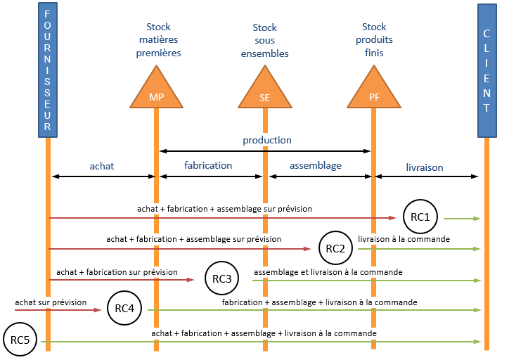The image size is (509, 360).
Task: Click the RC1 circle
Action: coord(420,217)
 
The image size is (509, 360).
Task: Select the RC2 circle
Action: coord(335,248)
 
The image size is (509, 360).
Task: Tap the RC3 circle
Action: coord(221,279)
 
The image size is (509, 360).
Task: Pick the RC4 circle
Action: coord(124,309)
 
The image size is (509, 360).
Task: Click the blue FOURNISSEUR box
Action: coord(47,70)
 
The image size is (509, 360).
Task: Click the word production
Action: coord(267,140)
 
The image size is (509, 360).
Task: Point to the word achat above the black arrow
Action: coord(102,166)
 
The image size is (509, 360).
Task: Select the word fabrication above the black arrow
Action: coord(208,165)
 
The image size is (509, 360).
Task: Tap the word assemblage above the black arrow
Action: coord(316,165)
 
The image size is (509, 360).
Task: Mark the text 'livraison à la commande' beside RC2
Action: coord(404,239)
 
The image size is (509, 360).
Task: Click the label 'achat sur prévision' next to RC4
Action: coord(51,302)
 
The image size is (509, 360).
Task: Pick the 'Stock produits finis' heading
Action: coord(373,40)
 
